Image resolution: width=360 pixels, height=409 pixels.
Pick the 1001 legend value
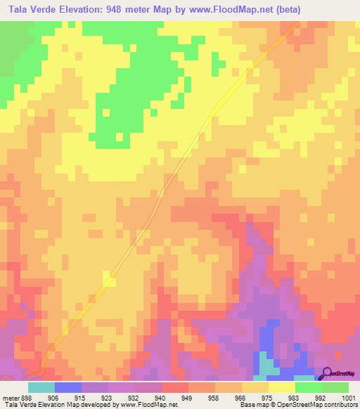349,397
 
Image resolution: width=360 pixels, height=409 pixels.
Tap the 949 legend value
188,397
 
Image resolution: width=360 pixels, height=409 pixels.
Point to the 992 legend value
321,397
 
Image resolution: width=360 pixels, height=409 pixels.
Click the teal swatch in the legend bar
41,387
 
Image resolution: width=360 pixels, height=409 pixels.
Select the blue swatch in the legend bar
68,387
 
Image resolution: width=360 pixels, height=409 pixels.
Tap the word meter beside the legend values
8,397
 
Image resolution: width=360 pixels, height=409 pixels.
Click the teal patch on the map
266,363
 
